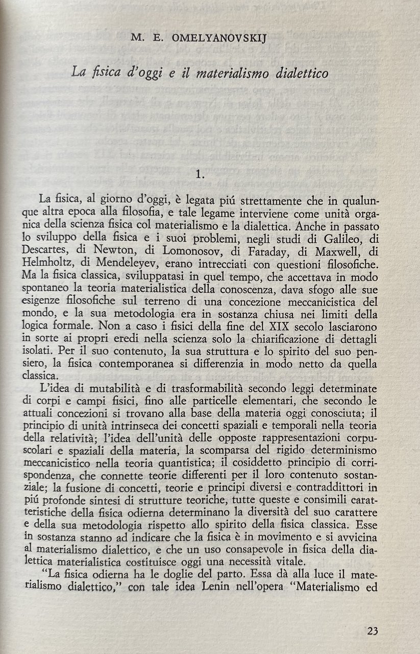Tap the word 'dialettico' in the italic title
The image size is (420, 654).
pyautogui.click(x=302, y=73)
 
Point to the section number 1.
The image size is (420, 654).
pyautogui.click(x=201, y=174)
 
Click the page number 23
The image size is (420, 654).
pyautogui.click(x=373, y=630)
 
